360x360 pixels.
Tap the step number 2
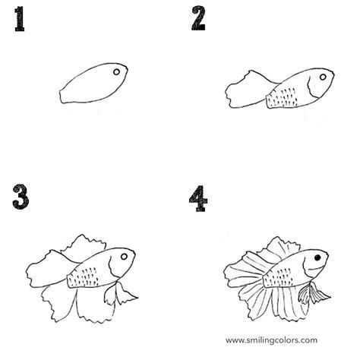tap(198, 18)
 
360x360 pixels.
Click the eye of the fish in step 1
tap(116, 73)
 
